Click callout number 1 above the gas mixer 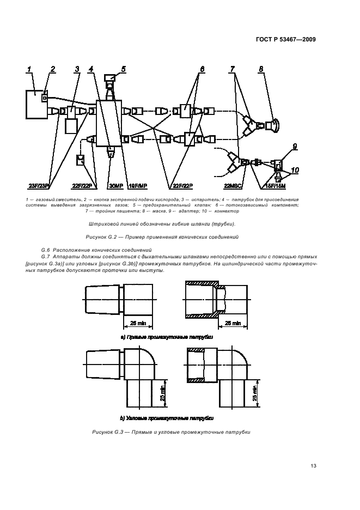tap(30, 69)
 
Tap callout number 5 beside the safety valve tap(123, 69)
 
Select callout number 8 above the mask tap(261, 69)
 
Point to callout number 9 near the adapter tap(295, 146)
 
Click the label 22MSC tap(233, 185)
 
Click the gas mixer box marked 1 tap(36, 104)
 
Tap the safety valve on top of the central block tap(111, 82)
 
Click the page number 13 tap(313, 465)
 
